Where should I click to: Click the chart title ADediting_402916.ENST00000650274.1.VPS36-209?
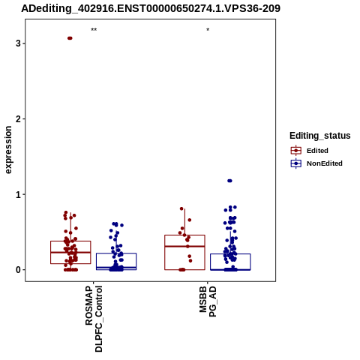(x=151, y=8)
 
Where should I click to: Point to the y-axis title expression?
(x=8, y=150)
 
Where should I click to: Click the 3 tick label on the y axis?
(x=18, y=43)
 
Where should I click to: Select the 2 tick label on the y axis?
(x=18, y=119)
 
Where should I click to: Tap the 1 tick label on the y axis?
(x=18, y=194)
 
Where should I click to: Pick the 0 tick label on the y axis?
(x=18, y=270)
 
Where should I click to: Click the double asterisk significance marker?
(x=94, y=30)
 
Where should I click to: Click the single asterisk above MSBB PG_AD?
(x=208, y=30)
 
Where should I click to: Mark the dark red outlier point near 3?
(x=70, y=38)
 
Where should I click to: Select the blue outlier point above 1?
(x=229, y=181)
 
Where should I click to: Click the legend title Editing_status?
(x=320, y=136)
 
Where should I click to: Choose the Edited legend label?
(x=317, y=151)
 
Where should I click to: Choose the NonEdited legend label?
(x=325, y=163)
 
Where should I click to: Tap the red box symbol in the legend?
(x=296, y=151)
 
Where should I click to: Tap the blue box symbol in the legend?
(x=296, y=163)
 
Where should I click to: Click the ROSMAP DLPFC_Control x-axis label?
(x=94, y=319)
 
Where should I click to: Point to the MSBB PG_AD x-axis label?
(x=208, y=301)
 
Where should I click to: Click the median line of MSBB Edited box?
(x=184, y=246)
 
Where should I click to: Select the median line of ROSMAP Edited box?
(x=70, y=252)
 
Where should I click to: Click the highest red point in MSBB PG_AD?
(x=181, y=208)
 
